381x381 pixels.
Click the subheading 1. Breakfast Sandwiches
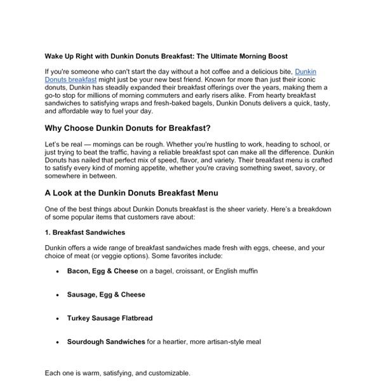pos(84,232)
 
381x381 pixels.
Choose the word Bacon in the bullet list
pos(79,271)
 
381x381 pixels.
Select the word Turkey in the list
pos(80,318)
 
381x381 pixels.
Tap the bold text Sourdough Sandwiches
pos(105,342)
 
